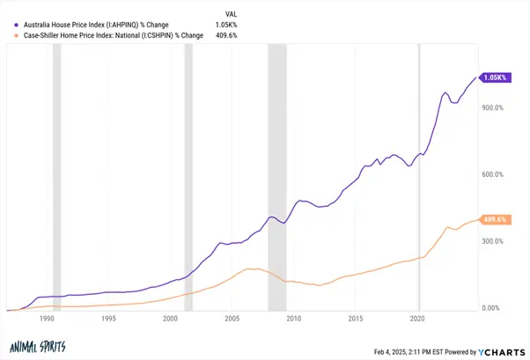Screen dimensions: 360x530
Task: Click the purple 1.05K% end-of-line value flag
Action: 496,77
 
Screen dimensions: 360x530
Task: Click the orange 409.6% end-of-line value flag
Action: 496,219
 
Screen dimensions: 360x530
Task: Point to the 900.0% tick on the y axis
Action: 491,108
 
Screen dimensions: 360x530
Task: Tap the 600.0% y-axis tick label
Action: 491,175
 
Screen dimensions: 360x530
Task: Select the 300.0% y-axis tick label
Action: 491,241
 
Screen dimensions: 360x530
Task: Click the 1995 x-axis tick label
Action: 108,319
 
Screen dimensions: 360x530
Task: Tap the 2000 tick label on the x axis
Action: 170,319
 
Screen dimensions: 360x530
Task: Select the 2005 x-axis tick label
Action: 232,319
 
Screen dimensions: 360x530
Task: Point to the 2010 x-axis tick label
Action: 294,319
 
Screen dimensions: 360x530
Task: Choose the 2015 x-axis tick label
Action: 357,319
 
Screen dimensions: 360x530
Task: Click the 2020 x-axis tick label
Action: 418,319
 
